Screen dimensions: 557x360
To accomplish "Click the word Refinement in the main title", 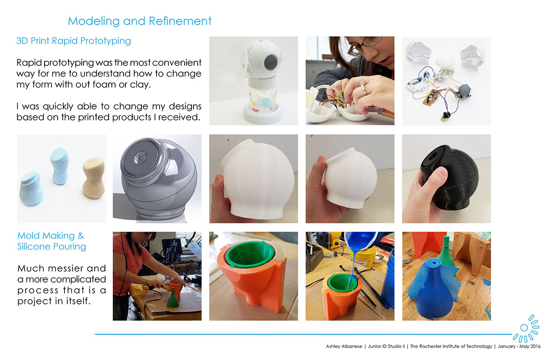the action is [x=180, y=21].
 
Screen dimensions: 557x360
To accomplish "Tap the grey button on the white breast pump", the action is [x=271, y=61].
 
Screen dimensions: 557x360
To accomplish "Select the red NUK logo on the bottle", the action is [x=256, y=110].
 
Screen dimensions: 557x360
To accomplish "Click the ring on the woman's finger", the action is [x=363, y=89].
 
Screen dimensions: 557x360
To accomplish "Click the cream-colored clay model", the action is [x=94, y=178].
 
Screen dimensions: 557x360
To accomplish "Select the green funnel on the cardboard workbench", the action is [x=173, y=298].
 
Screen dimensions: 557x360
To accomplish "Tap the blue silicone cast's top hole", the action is [x=434, y=262].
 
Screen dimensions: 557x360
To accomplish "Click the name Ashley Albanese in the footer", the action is [x=344, y=347].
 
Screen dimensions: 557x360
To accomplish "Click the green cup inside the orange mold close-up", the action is [x=250, y=254].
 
